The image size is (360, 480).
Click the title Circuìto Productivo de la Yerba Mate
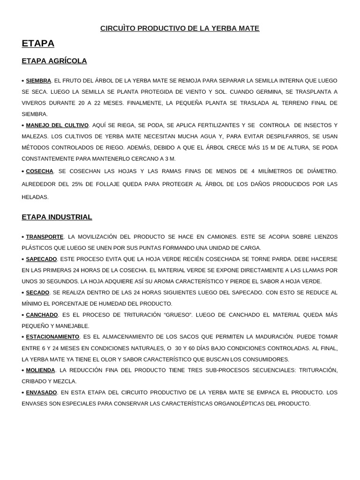[x=180, y=29]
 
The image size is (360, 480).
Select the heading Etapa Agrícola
[x=54, y=61]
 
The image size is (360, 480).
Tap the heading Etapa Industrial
[x=57, y=217]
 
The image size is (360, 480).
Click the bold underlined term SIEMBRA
[x=38, y=81]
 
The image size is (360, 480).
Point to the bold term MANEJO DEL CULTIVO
[x=57, y=125]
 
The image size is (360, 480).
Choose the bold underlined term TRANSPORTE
[x=45, y=237]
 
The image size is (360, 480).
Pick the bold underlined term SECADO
[x=37, y=292]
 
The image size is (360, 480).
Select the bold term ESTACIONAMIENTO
[x=52, y=337]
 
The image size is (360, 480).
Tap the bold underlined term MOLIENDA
[x=40, y=370]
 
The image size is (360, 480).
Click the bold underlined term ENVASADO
[x=41, y=392]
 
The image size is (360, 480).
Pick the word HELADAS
[x=35, y=197]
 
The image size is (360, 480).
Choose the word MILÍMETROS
[x=277, y=171]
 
